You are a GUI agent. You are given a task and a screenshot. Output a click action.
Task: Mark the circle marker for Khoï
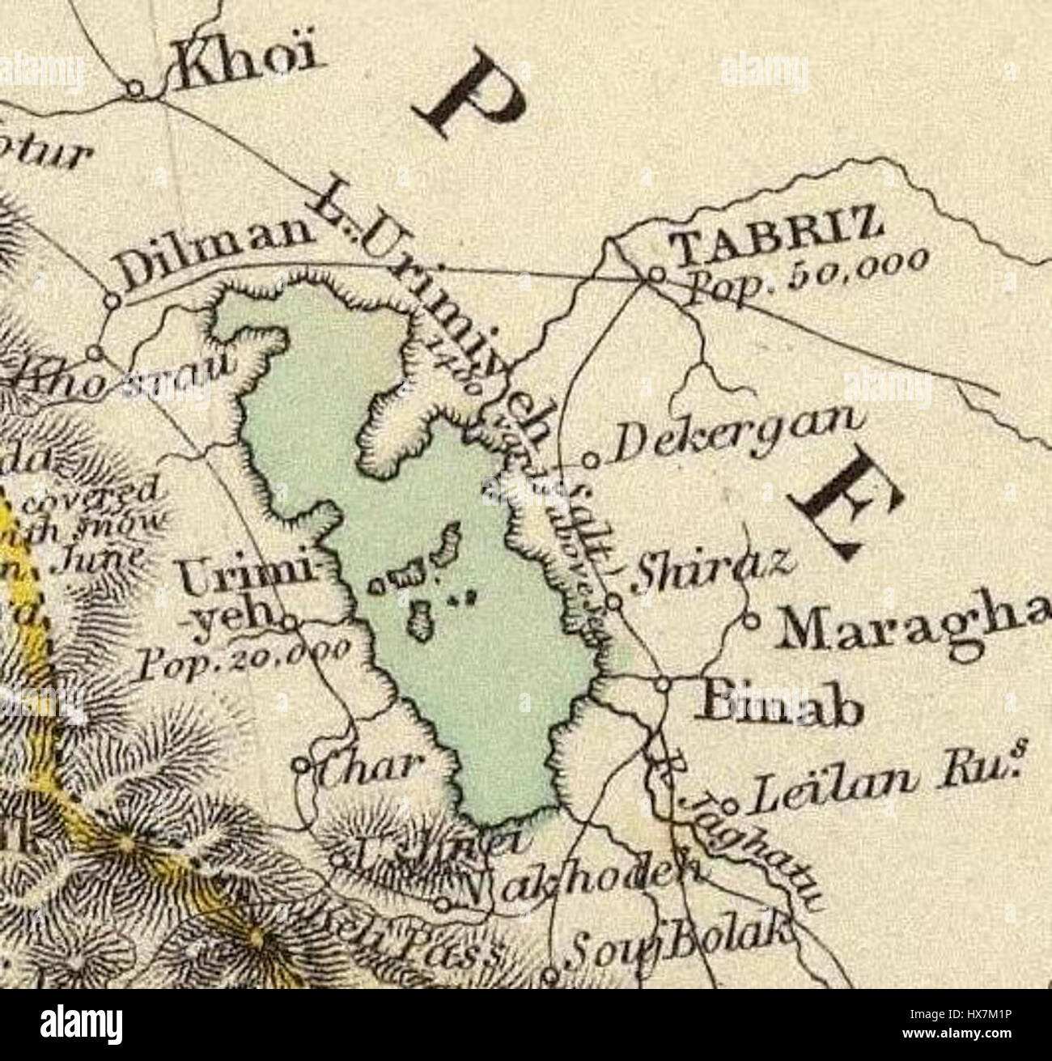137,88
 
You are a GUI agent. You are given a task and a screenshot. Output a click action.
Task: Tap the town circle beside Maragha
750,622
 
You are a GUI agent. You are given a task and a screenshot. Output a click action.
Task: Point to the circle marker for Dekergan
592,462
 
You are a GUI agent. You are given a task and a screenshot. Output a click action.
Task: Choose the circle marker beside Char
301,765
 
